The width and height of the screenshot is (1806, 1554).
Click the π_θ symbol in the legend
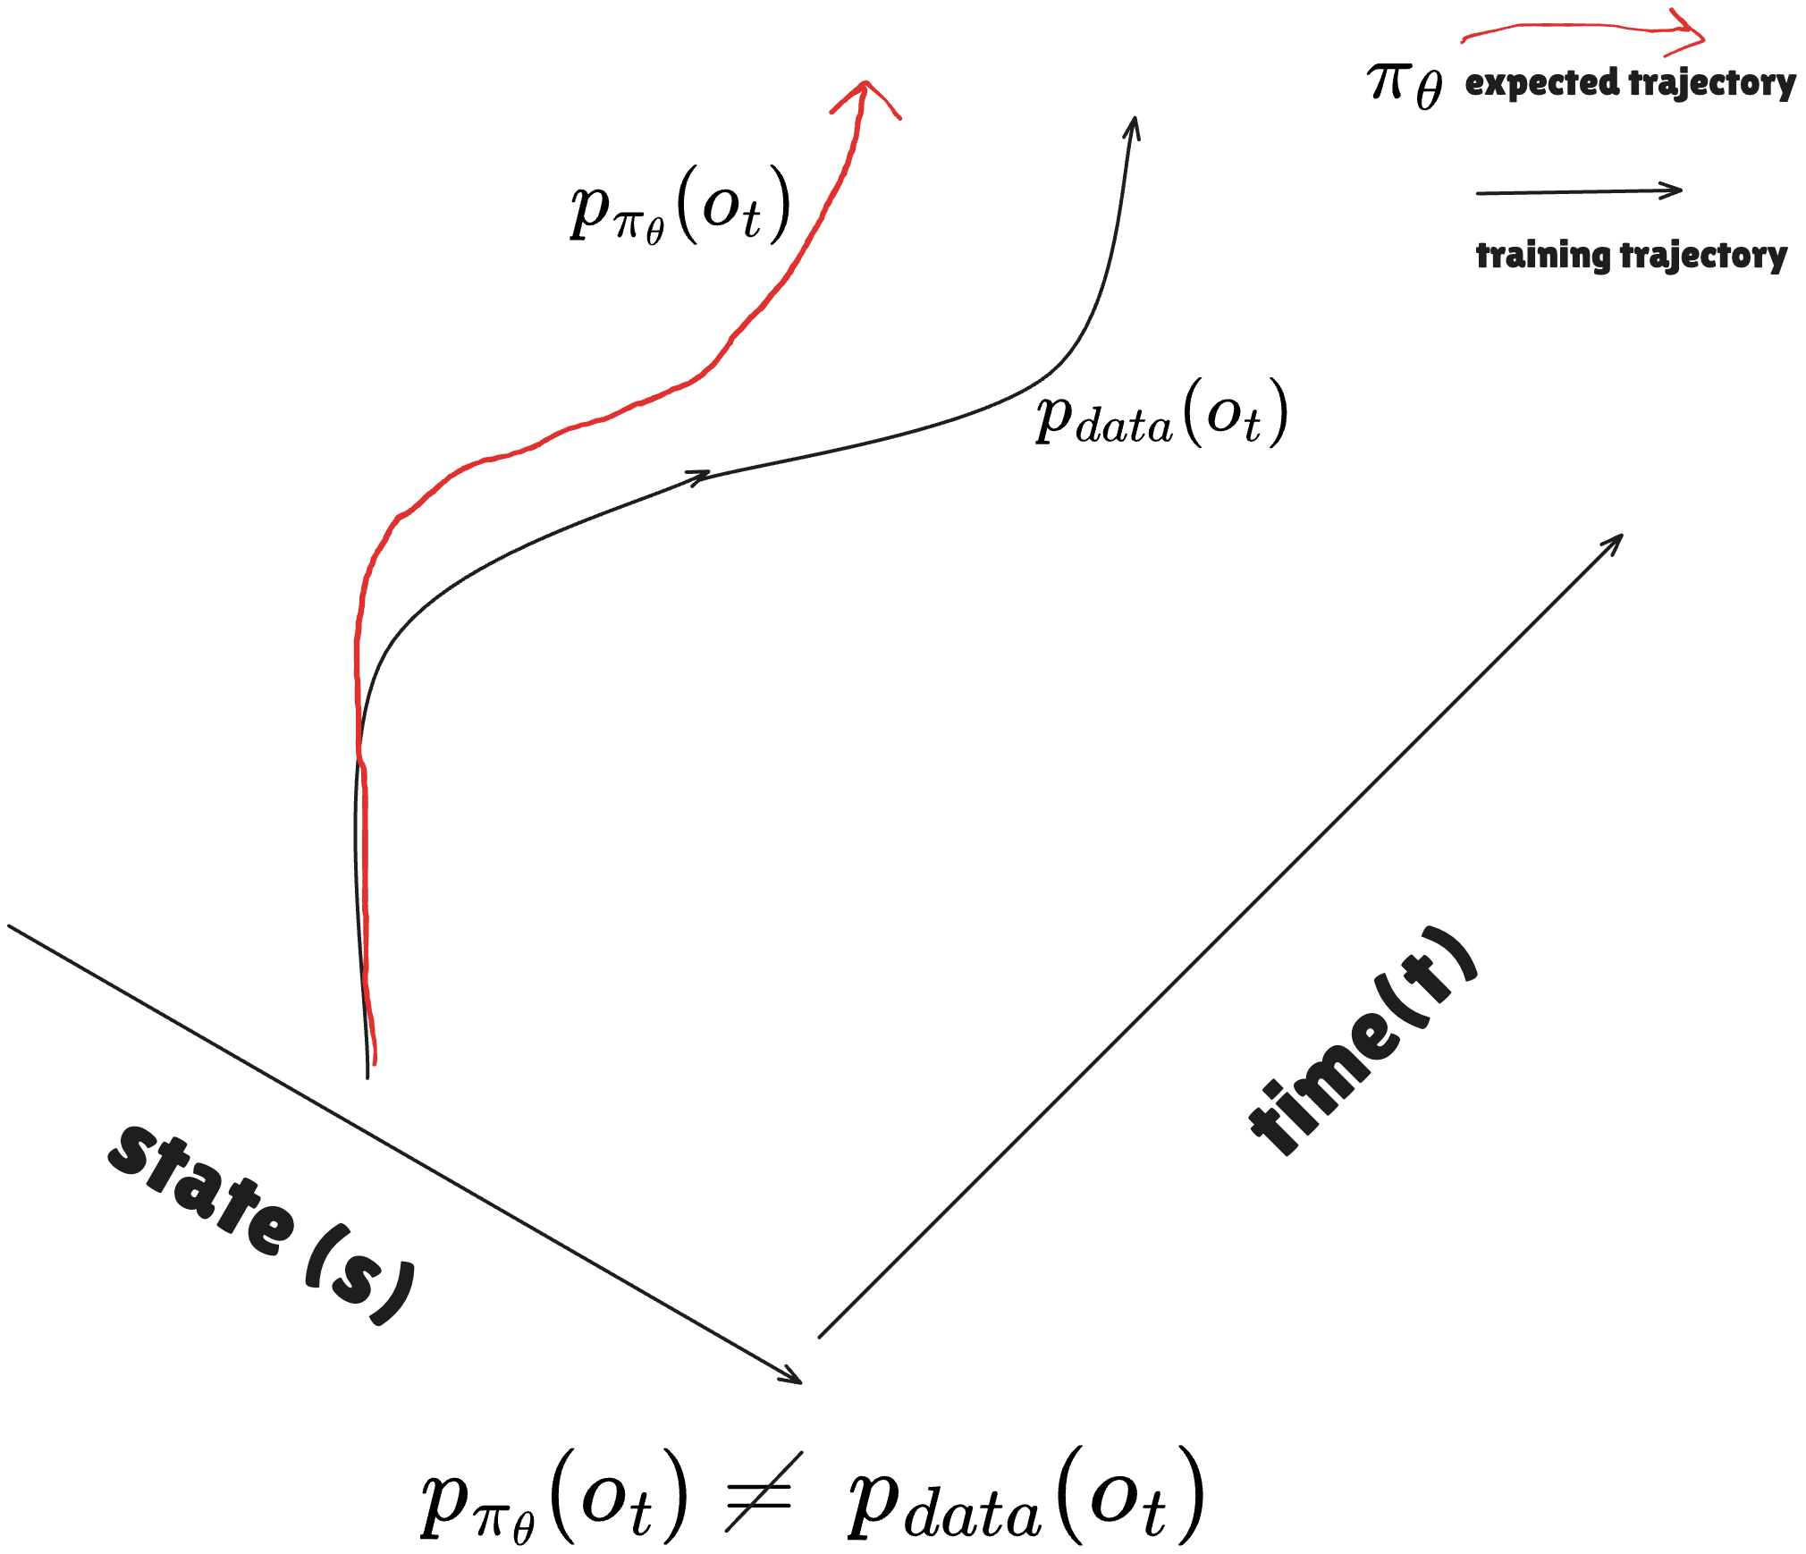tap(1405, 85)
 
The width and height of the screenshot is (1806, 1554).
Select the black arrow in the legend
tap(1579, 191)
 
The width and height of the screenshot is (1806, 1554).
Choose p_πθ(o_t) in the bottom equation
tap(554, 1498)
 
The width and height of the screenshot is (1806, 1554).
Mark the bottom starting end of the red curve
tap(374, 1062)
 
